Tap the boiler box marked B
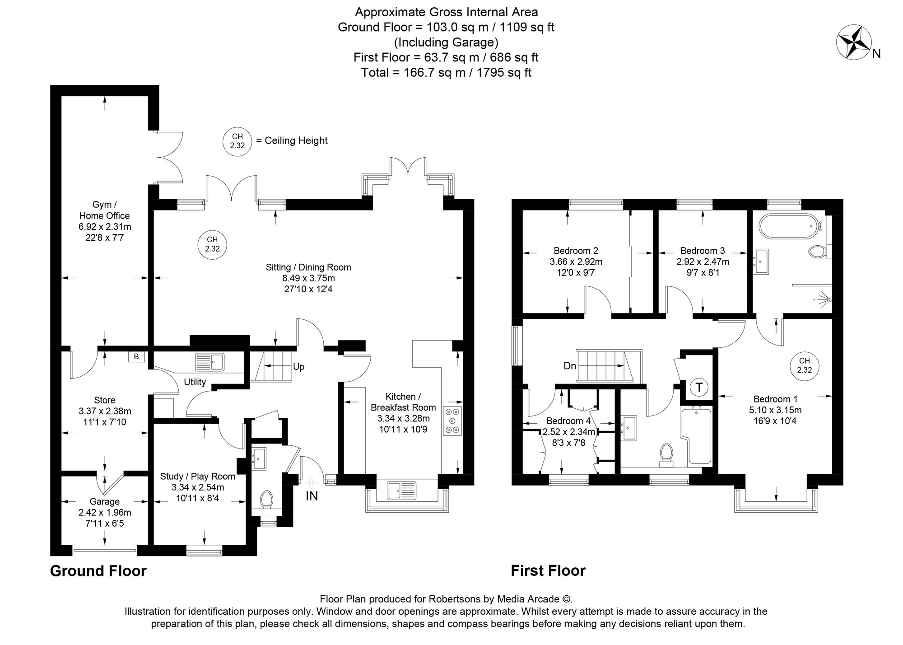point(136,357)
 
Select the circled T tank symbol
point(699,387)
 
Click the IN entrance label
point(312,496)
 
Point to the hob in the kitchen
point(453,421)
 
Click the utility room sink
point(209,362)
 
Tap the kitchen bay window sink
point(401,490)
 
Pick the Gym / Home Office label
point(104,210)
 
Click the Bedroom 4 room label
point(568,421)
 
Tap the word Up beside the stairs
point(298,367)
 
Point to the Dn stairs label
point(570,366)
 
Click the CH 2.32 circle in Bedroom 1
point(804,365)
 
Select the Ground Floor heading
point(98,571)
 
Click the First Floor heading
point(548,571)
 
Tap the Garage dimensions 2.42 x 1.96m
point(105,513)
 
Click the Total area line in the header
point(446,72)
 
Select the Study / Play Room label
point(198,477)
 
